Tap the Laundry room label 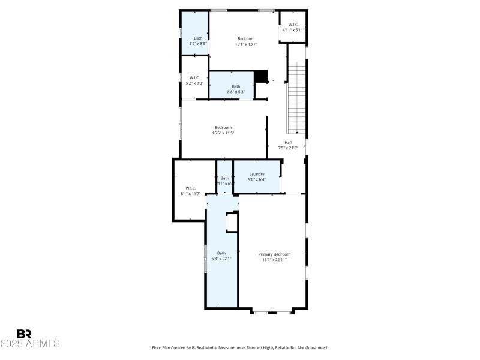click(257, 174)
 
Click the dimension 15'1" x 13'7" click(246, 44)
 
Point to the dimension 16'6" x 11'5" click(223, 133)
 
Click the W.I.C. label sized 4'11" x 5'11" click(294, 25)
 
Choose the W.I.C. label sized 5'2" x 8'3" click(194, 77)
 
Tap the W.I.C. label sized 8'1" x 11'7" click(191, 188)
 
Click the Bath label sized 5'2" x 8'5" click(198, 38)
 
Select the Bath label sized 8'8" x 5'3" click(236, 86)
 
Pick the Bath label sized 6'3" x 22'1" click(222, 253)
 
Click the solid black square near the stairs click(260, 77)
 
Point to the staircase click(297, 96)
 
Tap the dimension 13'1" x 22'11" click(274, 260)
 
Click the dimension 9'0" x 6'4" click(257, 179)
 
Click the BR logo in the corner click(24, 334)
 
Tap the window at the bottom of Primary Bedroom click(272, 312)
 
